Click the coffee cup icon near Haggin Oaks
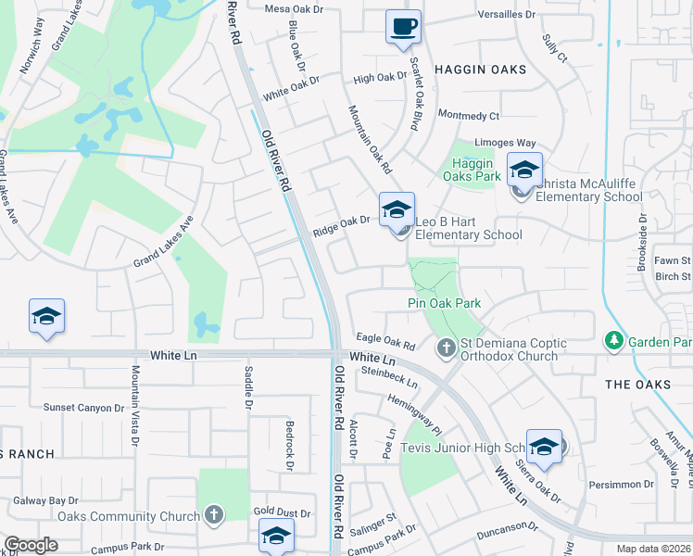[x=403, y=27]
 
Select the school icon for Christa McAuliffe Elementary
[x=524, y=171]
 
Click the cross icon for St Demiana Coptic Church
[x=446, y=348]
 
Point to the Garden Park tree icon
[x=612, y=342]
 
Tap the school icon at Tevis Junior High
[x=544, y=446]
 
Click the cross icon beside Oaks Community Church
[x=213, y=515]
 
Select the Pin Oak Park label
[x=444, y=303]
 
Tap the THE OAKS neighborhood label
[x=637, y=384]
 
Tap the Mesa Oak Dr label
[x=294, y=9]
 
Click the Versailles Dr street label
[x=507, y=15]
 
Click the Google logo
[x=31, y=545]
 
